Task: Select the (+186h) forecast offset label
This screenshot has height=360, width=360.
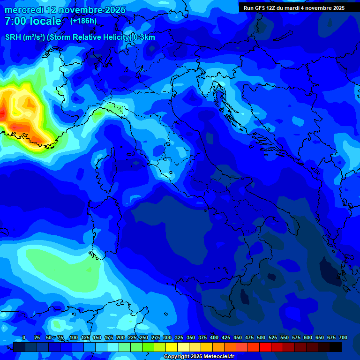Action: (x=83, y=21)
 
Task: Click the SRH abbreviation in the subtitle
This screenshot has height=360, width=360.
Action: (x=13, y=37)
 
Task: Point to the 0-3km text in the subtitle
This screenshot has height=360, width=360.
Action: (x=144, y=37)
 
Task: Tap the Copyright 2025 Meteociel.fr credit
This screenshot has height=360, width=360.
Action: (x=199, y=357)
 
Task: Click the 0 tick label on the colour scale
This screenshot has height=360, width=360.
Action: (x=24, y=338)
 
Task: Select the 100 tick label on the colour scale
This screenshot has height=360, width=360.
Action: (x=74, y=338)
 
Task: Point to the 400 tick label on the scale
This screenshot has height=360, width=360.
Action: (x=214, y=338)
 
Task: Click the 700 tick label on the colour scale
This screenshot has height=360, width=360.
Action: (x=343, y=338)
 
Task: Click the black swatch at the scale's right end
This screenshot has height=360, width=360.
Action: (x=336, y=347)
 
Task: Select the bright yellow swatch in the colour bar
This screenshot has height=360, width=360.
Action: (x=172, y=347)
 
